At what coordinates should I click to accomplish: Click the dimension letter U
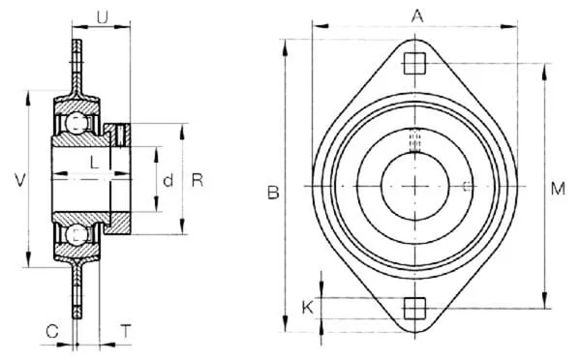tap(103, 17)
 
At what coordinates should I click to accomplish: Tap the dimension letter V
tap(20, 180)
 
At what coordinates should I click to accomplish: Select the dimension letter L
tap(95, 163)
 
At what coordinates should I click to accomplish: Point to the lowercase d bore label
tap(168, 180)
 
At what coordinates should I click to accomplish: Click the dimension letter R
tap(198, 180)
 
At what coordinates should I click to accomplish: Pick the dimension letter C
tap(52, 331)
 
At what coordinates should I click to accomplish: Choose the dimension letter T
tap(126, 331)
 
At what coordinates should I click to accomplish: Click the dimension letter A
tap(417, 16)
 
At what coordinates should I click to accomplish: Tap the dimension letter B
tap(273, 193)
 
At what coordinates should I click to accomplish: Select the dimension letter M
tap(558, 189)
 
